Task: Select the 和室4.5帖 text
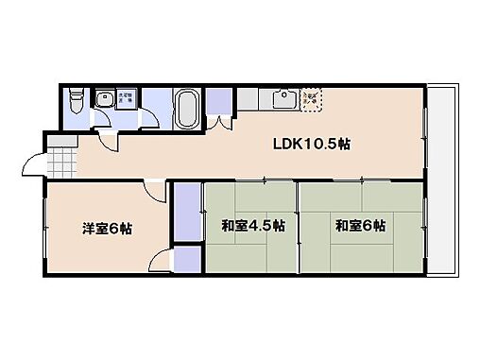pos(249,227)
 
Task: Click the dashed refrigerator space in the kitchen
pos(311,98)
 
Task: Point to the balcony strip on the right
pos(439,180)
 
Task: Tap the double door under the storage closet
pos(221,122)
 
